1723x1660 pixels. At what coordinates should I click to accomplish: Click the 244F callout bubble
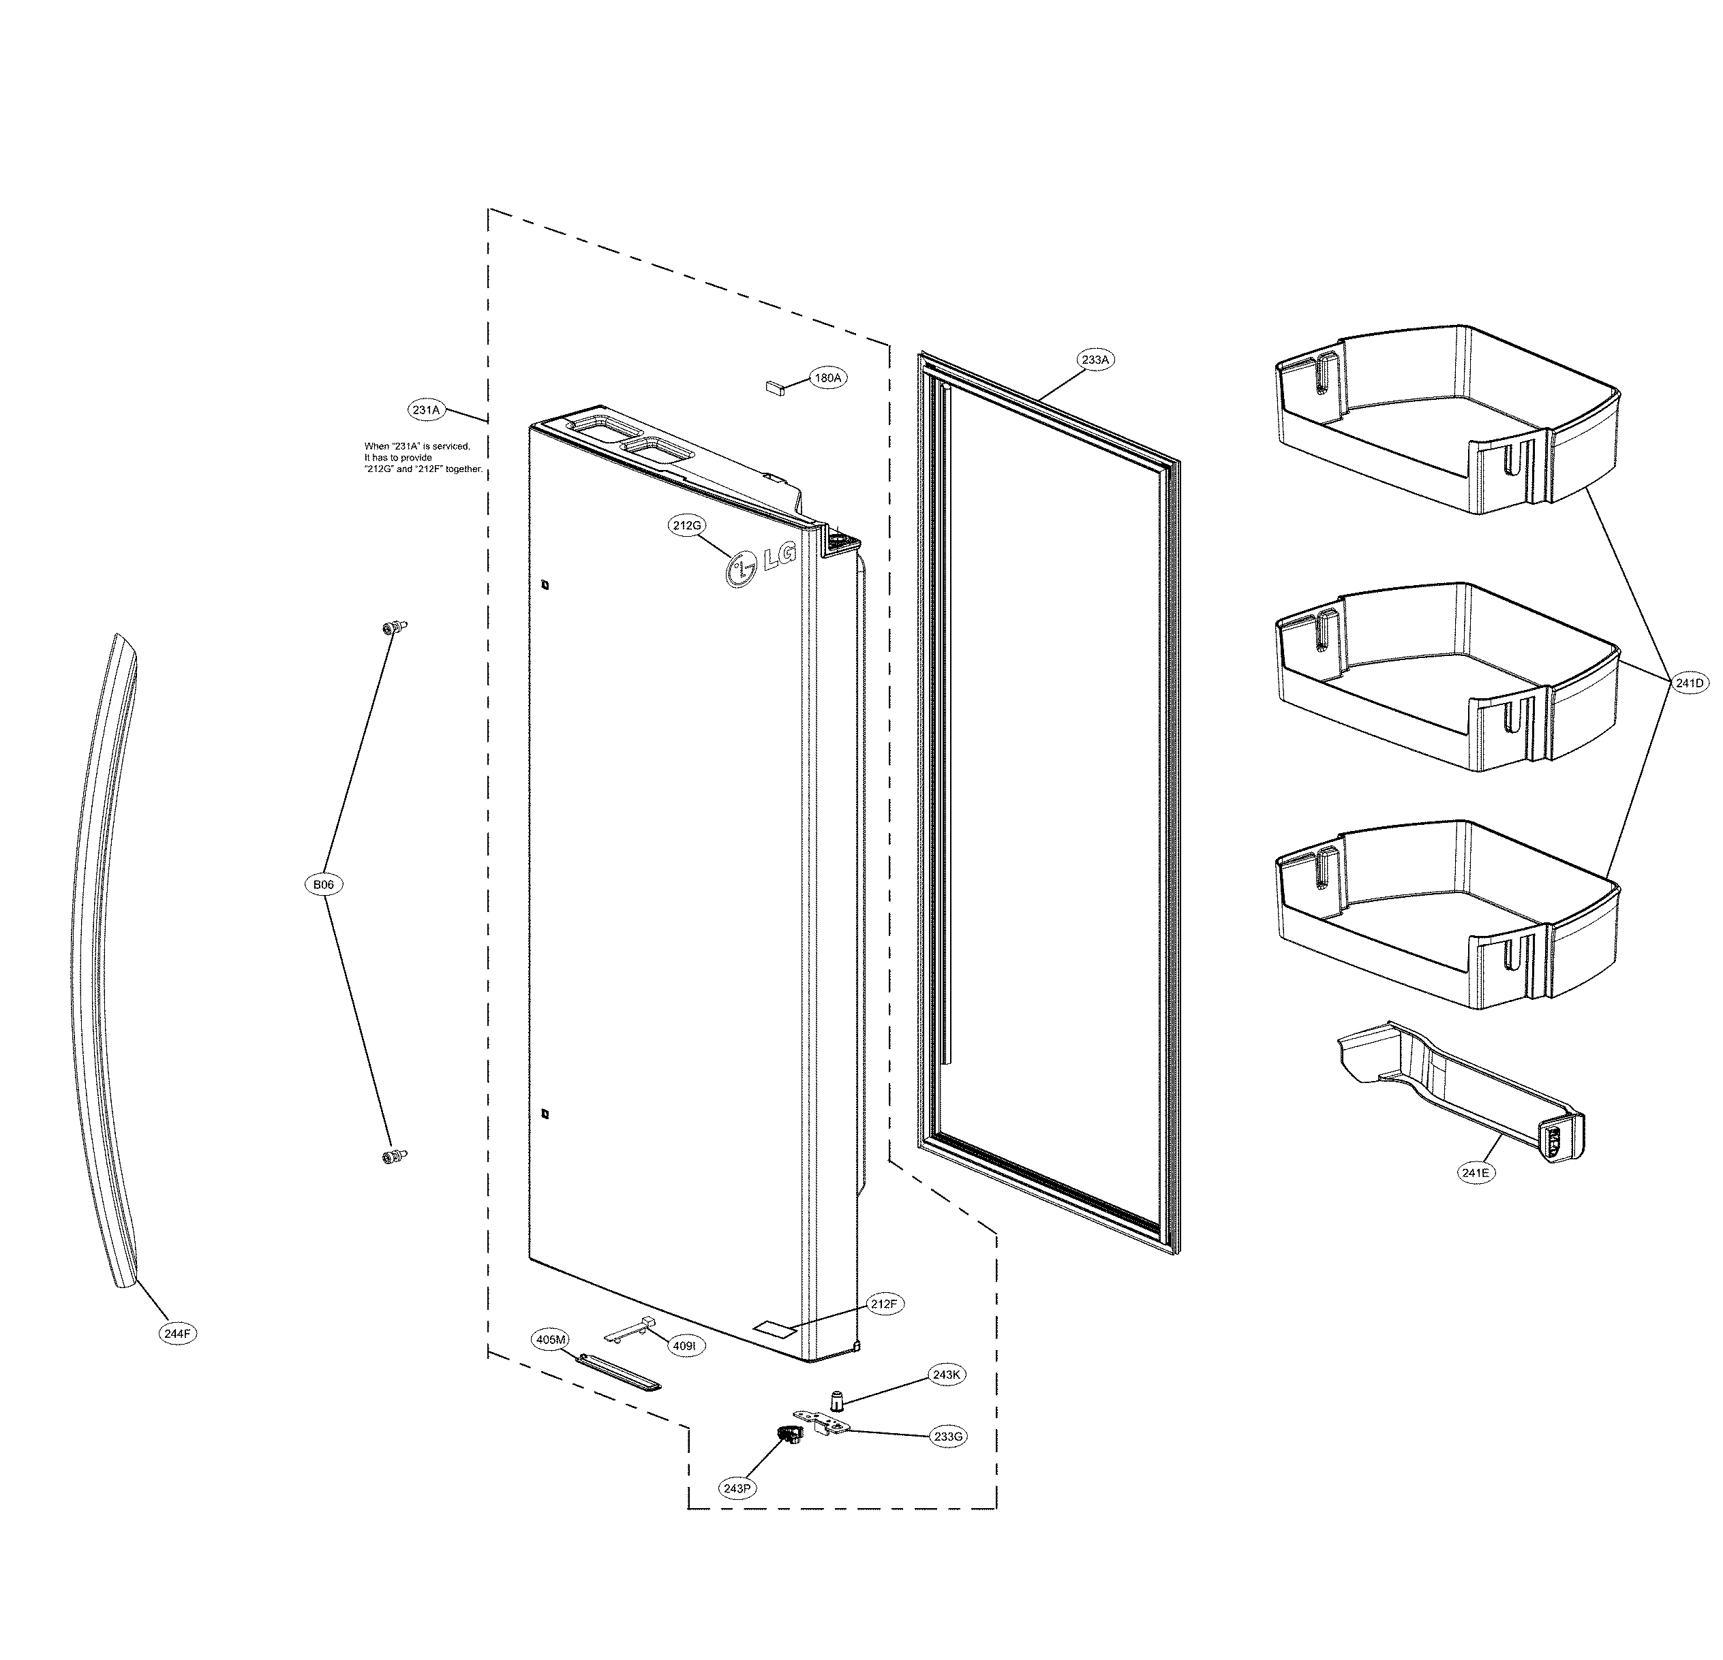(x=177, y=1333)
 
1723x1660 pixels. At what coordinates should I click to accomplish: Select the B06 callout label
(x=324, y=885)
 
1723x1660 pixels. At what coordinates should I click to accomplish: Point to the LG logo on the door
(x=761, y=563)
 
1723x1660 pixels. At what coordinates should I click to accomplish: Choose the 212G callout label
(x=686, y=525)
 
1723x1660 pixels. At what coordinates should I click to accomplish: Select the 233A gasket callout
(x=1095, y=360)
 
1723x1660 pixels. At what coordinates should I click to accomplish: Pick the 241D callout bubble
(x=1690, y=682)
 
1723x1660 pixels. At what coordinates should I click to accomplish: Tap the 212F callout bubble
(x=883, y=1304)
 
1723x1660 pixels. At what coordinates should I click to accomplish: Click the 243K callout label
(x=946, y=1375)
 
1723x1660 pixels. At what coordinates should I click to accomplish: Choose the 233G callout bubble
(x=949, y=1437)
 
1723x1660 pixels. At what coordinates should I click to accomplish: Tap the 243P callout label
(x=737, y=1488)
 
